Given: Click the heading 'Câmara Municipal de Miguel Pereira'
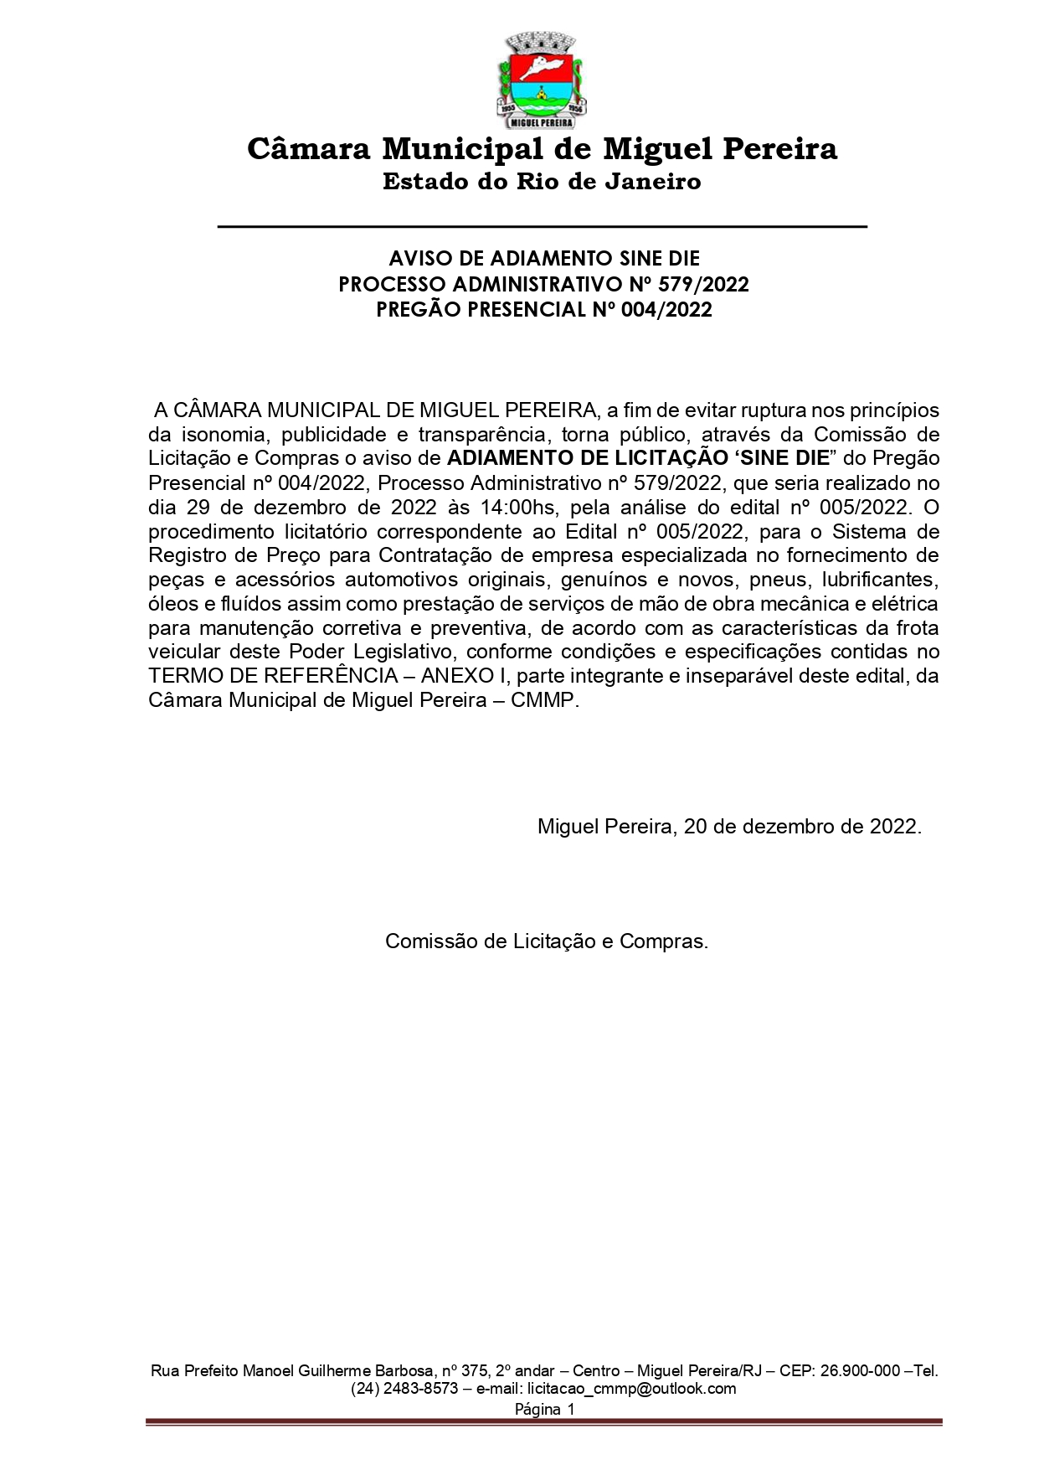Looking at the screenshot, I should point(542,149).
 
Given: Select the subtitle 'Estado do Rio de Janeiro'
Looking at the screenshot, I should point(542,181).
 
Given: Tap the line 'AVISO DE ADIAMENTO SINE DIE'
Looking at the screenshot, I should point(543,258).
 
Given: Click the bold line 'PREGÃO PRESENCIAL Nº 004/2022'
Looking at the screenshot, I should point(543,310).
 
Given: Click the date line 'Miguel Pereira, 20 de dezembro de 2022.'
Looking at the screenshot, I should point(729,826).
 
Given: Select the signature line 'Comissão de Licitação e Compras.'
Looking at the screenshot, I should point(547,941).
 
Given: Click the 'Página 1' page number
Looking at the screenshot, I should point(544,1409).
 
